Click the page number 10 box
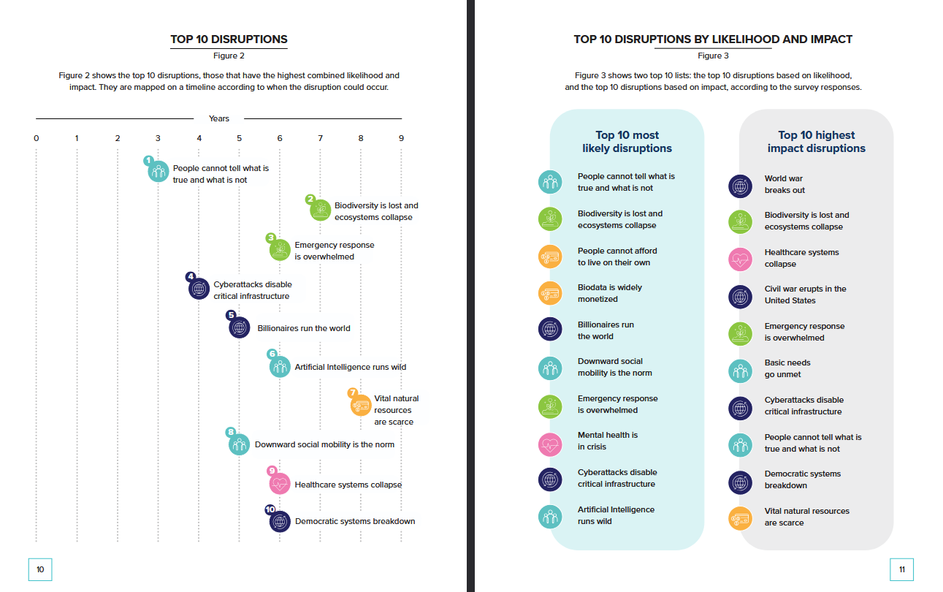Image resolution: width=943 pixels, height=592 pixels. (x=40, y=569)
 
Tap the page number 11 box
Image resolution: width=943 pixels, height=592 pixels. (x=902, y=569)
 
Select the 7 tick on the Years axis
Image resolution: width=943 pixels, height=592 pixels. (x=320, y=138)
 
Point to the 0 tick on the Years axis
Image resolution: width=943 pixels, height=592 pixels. (x=36, y=138)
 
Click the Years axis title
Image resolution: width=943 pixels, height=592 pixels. (x=218, y=118)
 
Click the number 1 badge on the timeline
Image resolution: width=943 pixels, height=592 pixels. (x=148, y=160)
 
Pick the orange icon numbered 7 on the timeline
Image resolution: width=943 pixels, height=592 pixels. (x=361, y=405)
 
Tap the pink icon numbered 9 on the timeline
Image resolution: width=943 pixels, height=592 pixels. (x=280, y=484)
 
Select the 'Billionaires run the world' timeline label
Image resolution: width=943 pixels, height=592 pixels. (x=303, y=328)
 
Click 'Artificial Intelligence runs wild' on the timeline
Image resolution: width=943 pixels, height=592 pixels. (x=350, y=367)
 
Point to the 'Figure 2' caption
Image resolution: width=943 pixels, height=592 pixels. (x=229, y=56)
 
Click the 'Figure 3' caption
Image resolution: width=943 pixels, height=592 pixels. (x=713, y=56)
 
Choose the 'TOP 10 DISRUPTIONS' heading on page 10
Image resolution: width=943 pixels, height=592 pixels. (x=229, y=39)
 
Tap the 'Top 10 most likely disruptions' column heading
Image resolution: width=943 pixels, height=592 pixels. (x=627, y=142)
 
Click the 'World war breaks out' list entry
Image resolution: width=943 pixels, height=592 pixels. (x=784, y=184)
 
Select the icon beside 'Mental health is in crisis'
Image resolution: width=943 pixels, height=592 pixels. (x=549, y=441)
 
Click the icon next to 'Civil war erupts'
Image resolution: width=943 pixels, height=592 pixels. (x=740, y=296)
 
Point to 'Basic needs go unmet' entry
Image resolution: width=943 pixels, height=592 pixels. (x=787, y=368)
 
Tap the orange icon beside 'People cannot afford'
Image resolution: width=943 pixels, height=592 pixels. (x=549, y=257)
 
